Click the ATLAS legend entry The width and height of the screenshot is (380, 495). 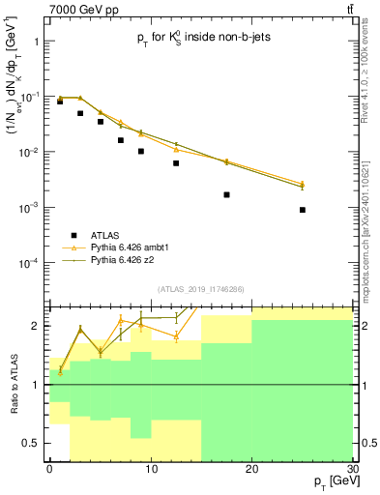coord(104,235)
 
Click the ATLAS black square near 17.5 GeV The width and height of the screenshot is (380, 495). coord(226,194)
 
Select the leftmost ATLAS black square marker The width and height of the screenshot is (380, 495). coord(60,102)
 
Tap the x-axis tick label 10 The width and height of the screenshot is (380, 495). coord(150,469)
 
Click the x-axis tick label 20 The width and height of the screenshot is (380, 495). coord(251,469)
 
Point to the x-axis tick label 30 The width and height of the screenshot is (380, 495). coord(351,469)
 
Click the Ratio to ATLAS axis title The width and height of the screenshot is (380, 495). coord(14,384)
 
